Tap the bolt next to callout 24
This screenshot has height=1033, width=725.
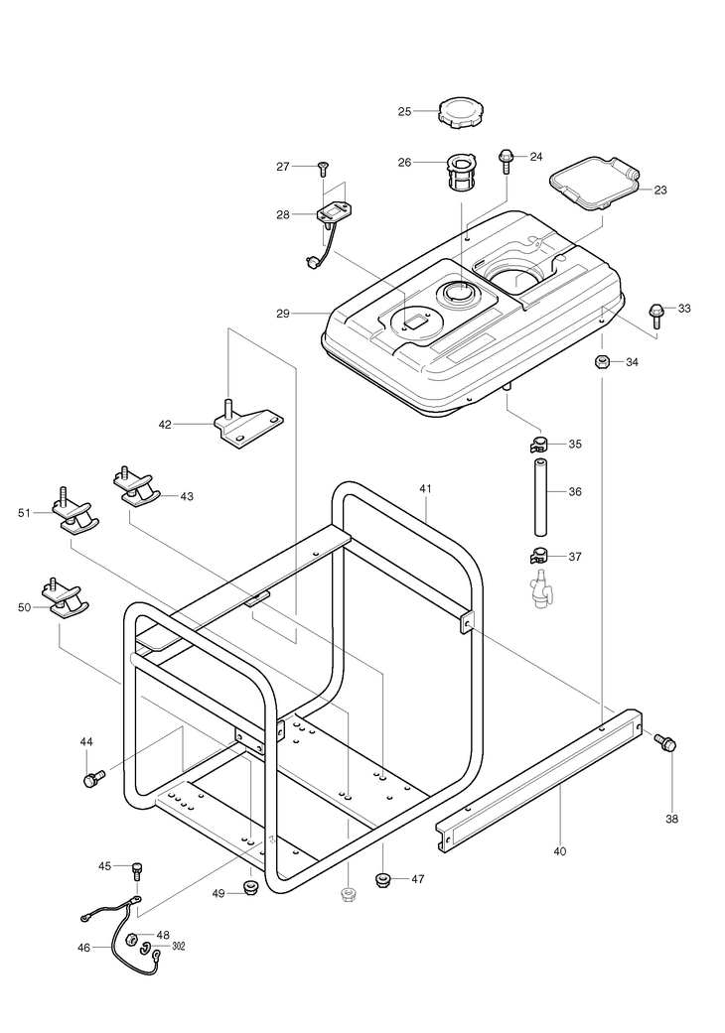click(x=507, y=161)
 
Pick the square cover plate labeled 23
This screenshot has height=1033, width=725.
click(x=594, y=183)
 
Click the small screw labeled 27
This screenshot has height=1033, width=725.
click(x=323, y=169)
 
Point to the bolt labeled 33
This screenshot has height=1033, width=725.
click(x=655, y=315)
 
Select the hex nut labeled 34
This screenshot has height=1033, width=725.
click(x=601, y=361)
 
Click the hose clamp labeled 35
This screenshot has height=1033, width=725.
click(x=539, y=445)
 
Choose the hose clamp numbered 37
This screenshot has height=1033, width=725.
click(x=539, y=557)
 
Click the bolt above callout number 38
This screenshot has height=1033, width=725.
click(x=665, y=742)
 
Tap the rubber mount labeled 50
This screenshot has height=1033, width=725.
click(x=66, y=598)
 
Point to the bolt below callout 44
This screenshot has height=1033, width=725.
click(x=94, y=777)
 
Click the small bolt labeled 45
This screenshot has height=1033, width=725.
click(x=138, y=871)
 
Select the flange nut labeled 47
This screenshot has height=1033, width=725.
click(x=382, y=879)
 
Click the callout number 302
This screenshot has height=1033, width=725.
click(x=178, y=946)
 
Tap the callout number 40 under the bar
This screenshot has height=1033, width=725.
click(x=559, y=851)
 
